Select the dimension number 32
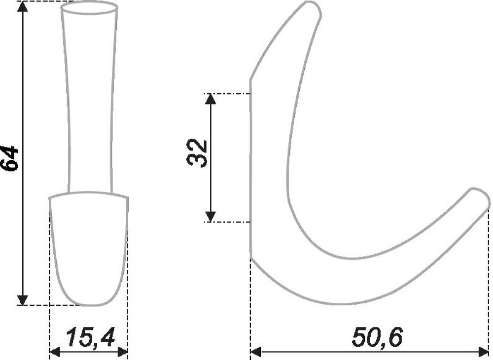[x=197, y=152]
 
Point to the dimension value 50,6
[x=377, y=338]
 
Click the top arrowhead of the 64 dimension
[x=22, y=6]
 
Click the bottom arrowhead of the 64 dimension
[x=22, y=300]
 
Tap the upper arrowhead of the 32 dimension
[x=211, y=99]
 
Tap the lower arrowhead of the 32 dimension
[x=211, y=216]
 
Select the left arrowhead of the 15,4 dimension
[x=55, y=352]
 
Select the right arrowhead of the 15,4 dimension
[x=122, y=352]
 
